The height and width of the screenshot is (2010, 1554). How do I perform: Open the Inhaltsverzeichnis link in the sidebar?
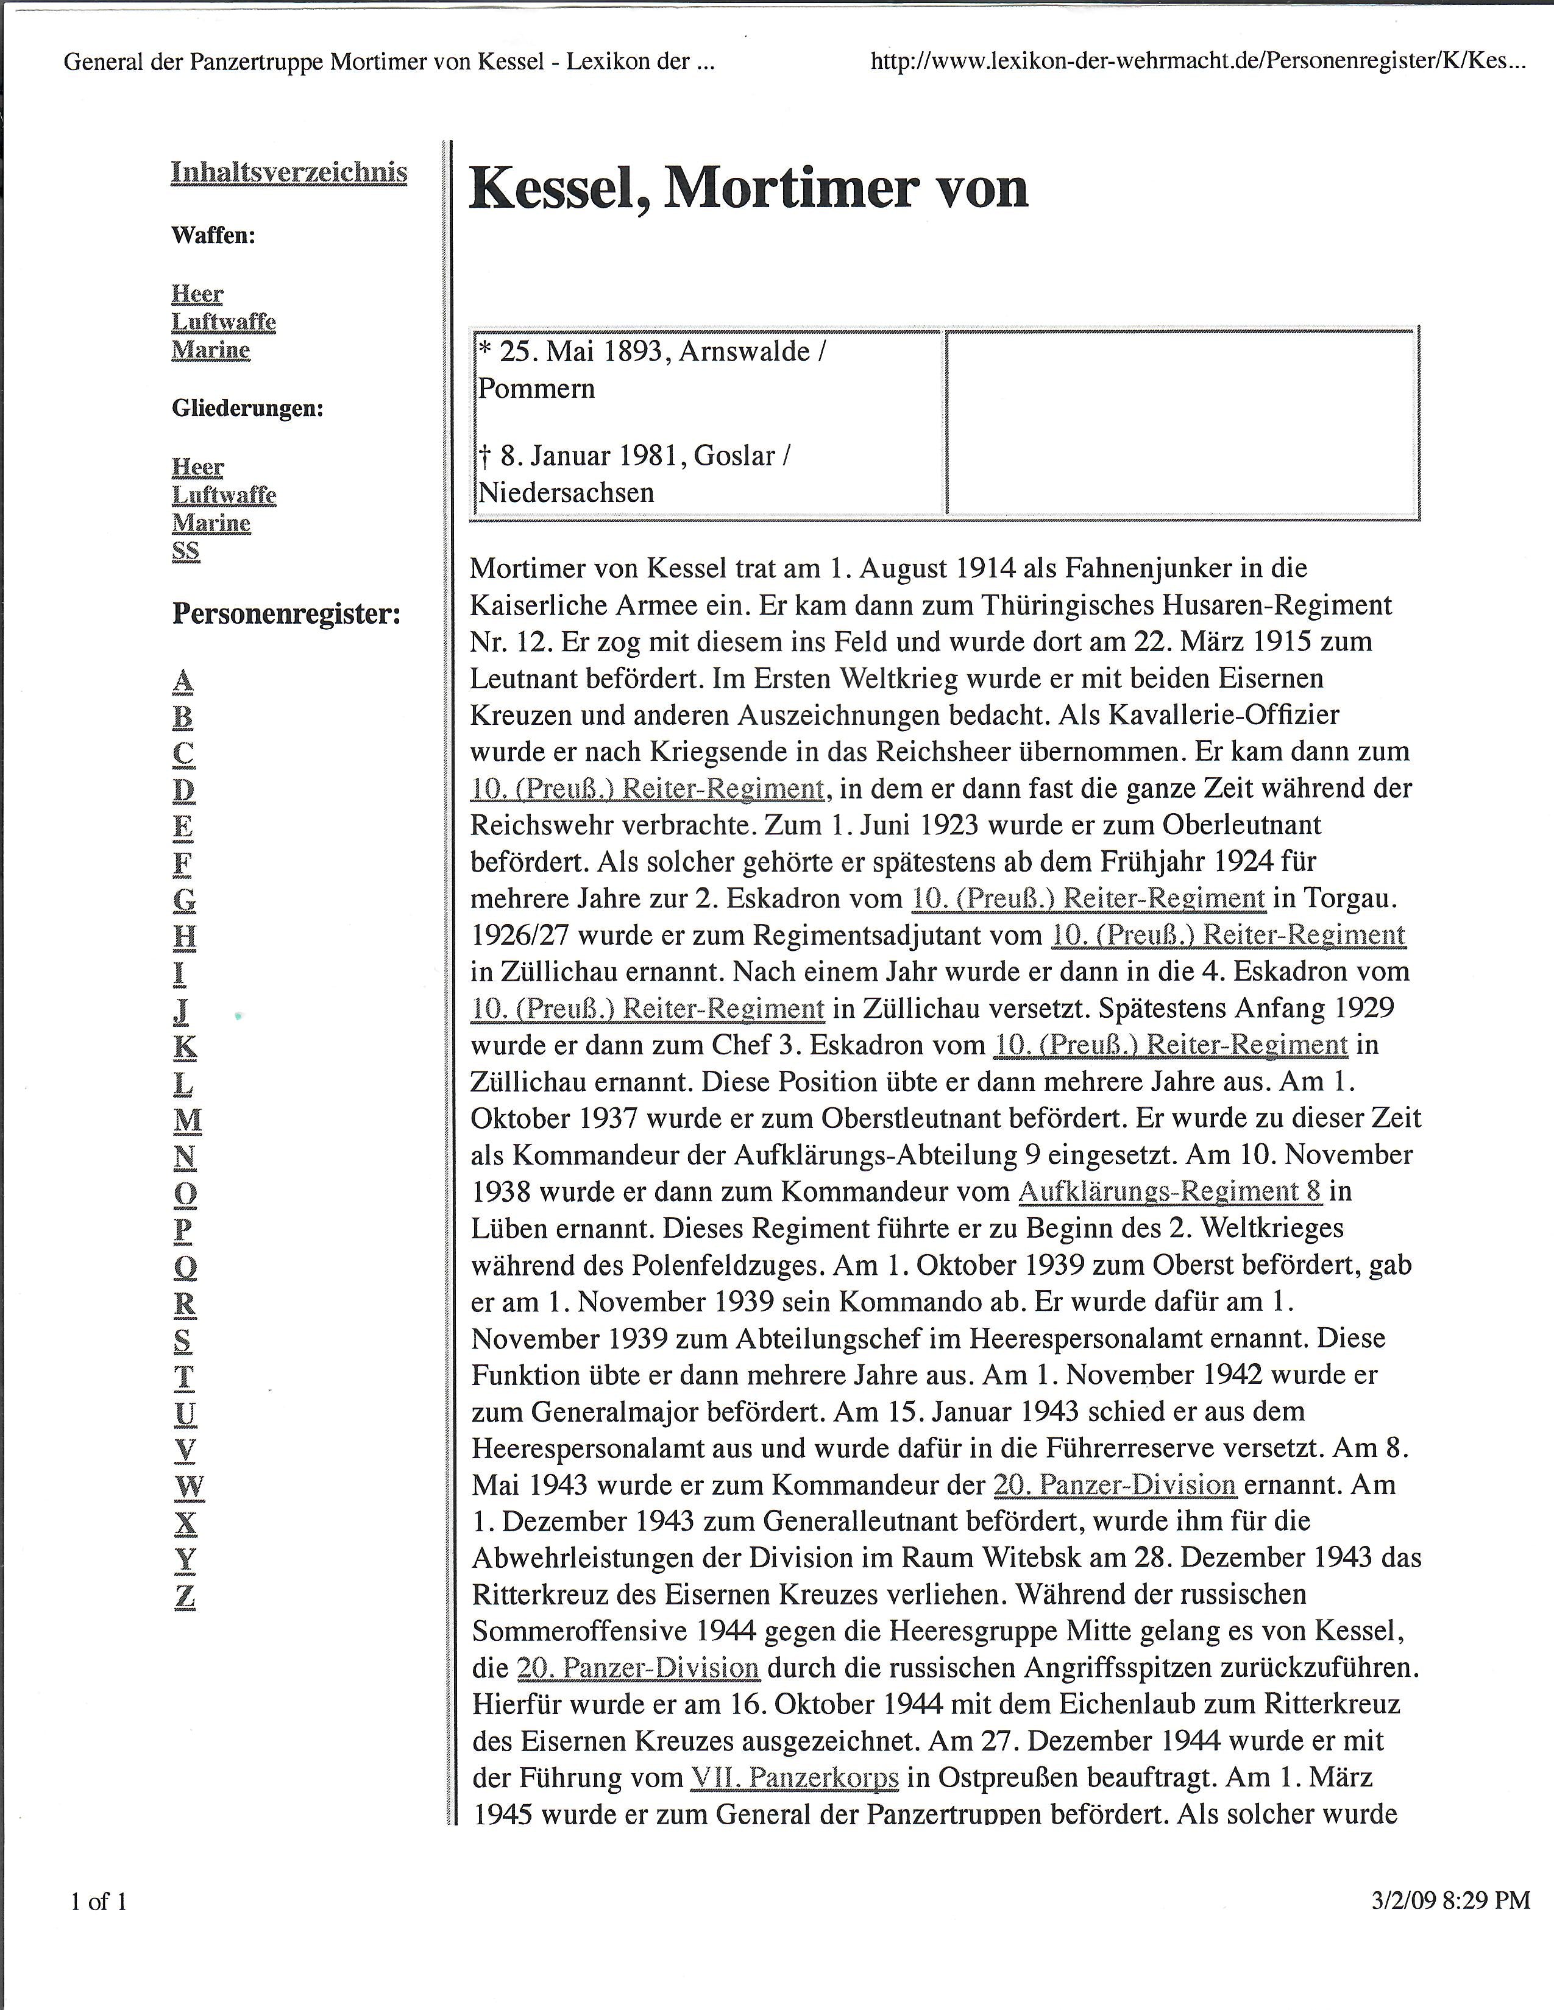[x=289, y=172]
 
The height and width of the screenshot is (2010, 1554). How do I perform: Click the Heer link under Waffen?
[x=197, y=294]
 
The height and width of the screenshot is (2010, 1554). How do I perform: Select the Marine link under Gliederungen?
[x=211, y=523]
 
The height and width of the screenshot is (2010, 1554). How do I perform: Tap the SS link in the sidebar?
[x=185, y=551]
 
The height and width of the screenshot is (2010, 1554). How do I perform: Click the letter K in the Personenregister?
[x=185, y=1046]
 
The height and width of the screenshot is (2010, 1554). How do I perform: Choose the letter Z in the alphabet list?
[x=185, y=1596]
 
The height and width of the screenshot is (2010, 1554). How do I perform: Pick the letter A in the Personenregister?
[x=183, y=681]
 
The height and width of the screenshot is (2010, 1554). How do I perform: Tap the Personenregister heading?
[x=286, y=614]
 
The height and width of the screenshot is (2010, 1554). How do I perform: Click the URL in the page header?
[x=1197, y=62]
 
